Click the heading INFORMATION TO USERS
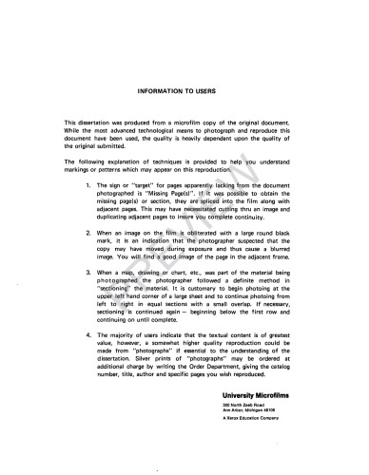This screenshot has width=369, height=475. click(x=184, y=91)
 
